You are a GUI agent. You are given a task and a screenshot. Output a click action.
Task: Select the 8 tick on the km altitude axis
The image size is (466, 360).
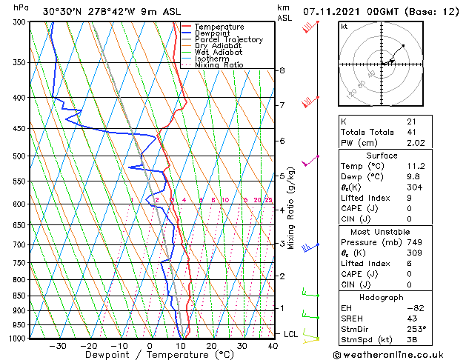(x=282, y=70)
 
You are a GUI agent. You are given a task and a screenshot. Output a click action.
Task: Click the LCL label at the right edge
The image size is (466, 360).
(x=291, y=334)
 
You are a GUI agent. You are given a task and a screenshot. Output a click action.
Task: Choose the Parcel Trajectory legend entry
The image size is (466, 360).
(x=228, y=40)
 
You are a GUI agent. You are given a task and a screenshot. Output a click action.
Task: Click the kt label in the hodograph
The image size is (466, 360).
(x=344, y=26)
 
